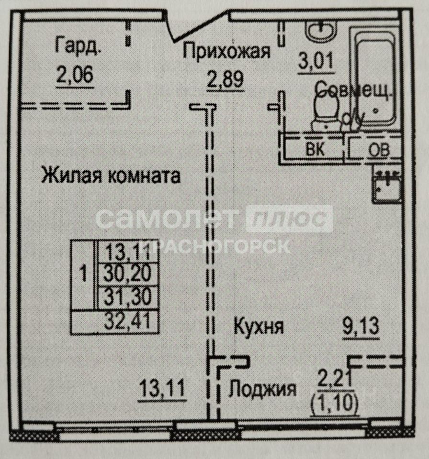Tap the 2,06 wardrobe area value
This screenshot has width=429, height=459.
point(74,76)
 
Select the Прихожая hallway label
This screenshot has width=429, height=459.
point(227,51)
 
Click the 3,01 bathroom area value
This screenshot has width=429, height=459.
point(315,62)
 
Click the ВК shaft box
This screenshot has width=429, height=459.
point(315,149)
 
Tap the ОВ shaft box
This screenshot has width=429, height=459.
point(378,149)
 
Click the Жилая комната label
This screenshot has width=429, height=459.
point(111,175)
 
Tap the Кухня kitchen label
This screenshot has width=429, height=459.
point(259,327)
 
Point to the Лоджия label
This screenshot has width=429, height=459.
point(261,390)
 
